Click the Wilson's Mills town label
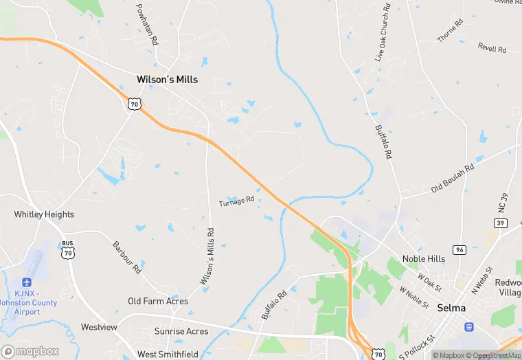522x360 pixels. click(x=167, y=80)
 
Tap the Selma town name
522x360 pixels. click(x=452, y=308)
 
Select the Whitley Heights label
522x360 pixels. click(x=44, y=214)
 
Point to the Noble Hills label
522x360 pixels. click(x=424, y=259)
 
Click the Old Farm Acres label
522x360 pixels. click(x=158, y=301)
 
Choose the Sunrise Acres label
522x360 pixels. click(x=182, y=331)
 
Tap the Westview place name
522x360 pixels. click(x=99, y=327)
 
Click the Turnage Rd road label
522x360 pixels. click(x=237, y=201)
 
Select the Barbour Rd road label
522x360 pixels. click(x=127, y=257)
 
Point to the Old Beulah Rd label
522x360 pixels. click(x=453, y=179)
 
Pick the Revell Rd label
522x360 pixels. click(x=492, y=49)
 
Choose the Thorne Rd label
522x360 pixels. click(x=451, y=31)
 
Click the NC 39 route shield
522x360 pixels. click(x=500, y=223)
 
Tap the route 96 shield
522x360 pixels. click(x=459, y=249)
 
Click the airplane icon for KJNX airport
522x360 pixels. click(x=27, y=282)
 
